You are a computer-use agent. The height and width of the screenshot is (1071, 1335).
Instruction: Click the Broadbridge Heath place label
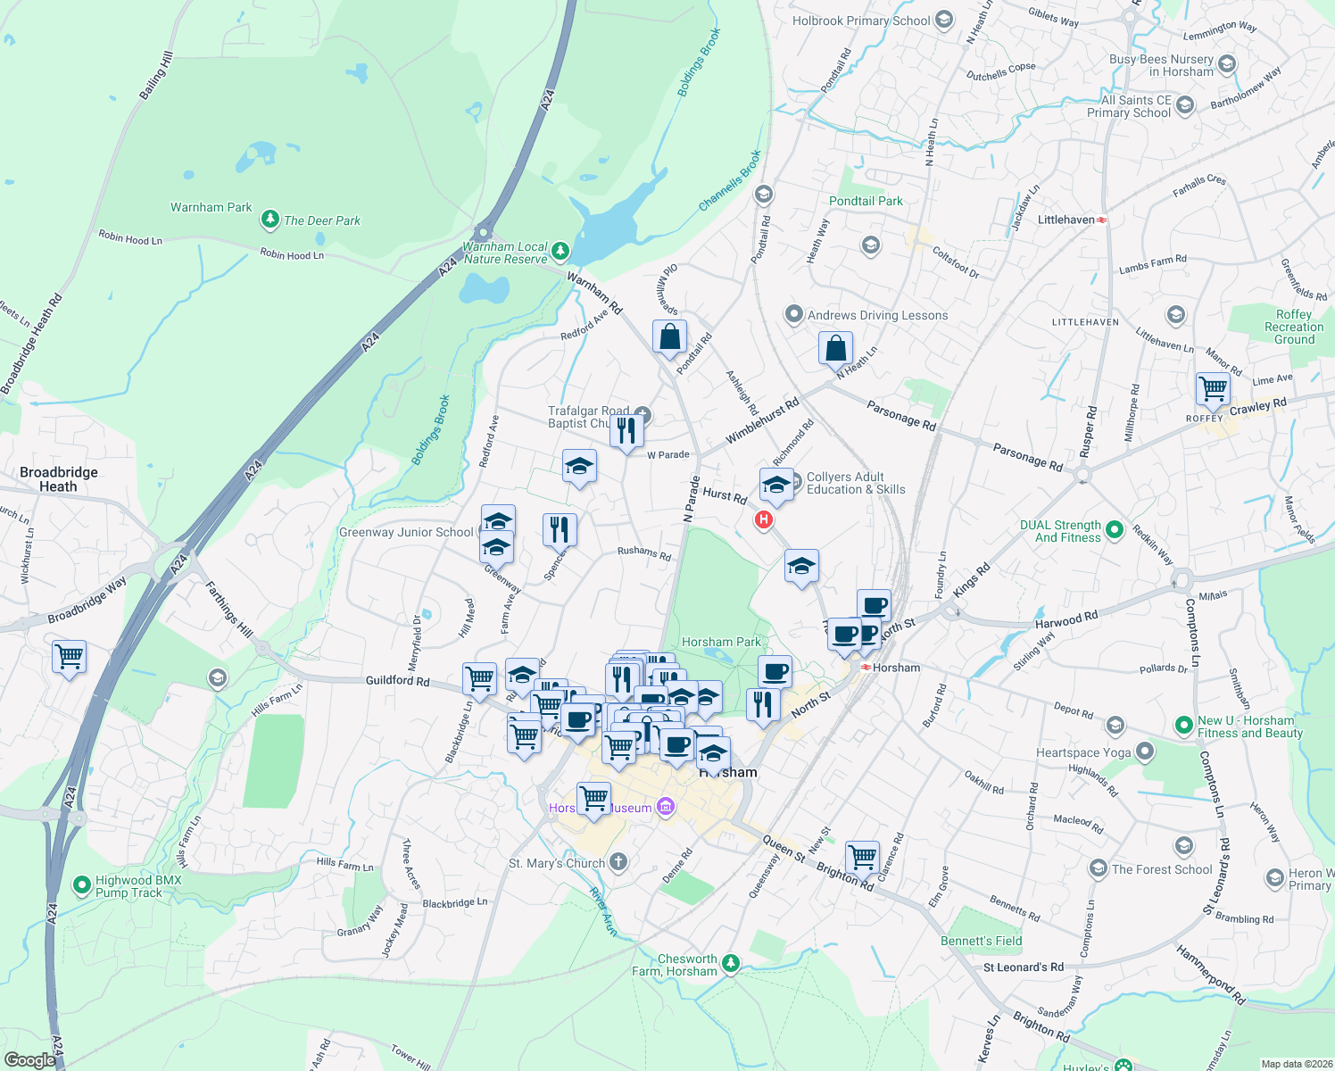coord(58,479)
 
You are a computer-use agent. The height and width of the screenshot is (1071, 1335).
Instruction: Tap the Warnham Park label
coord(211,207)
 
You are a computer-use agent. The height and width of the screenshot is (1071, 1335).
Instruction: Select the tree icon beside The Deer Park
coord(269,220)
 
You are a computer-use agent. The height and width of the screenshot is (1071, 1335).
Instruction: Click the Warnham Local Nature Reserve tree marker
coord(560,251)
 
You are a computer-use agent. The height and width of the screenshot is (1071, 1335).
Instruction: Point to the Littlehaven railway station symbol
coord(1103,220)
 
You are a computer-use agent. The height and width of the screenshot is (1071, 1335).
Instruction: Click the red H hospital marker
coord(763,519)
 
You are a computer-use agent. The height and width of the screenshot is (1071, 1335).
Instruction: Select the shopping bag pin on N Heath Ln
coord(836,347)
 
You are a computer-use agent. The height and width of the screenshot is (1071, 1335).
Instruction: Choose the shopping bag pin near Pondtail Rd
coord(669,337)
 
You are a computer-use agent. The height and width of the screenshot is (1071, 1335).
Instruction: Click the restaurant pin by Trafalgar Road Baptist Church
coord(627,429)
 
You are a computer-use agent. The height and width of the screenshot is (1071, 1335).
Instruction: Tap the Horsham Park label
coord(721,642)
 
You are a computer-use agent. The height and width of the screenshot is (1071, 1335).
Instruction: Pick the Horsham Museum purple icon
coord(665,808)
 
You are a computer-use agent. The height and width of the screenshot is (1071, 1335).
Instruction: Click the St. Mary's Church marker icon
coord(618,862)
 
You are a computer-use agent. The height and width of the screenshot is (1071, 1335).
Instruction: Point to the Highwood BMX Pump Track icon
coord(82,885)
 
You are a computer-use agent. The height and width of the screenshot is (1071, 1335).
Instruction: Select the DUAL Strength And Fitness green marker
coord(1114,531)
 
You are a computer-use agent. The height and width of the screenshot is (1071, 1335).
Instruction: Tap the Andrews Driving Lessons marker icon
coord(793,314)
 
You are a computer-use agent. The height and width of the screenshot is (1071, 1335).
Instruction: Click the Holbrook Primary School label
coord(861,21)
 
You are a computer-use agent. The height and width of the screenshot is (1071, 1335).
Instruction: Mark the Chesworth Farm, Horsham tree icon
coord(731,963)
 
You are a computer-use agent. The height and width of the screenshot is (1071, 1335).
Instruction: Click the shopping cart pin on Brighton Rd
coord(862,857)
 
